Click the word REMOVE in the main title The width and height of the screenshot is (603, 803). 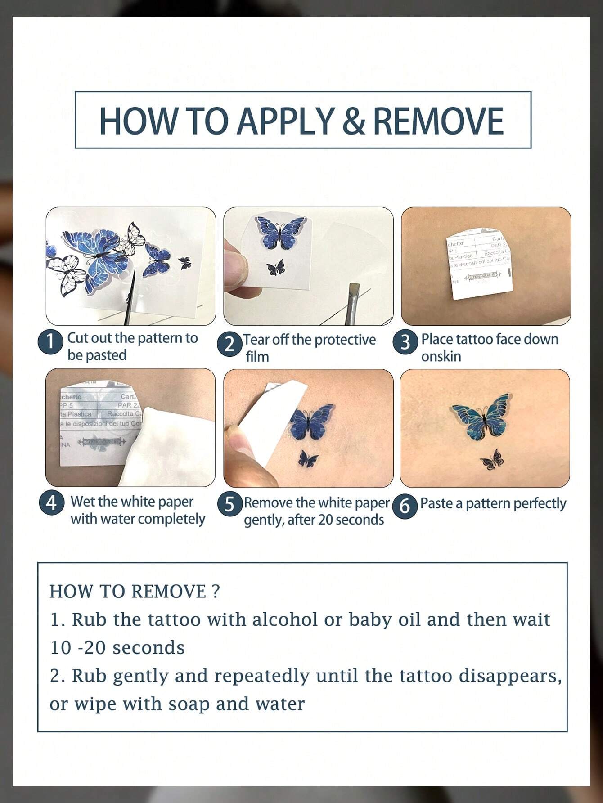tap(438, 120)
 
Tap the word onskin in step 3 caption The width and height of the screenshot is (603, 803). tap(441, 356)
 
